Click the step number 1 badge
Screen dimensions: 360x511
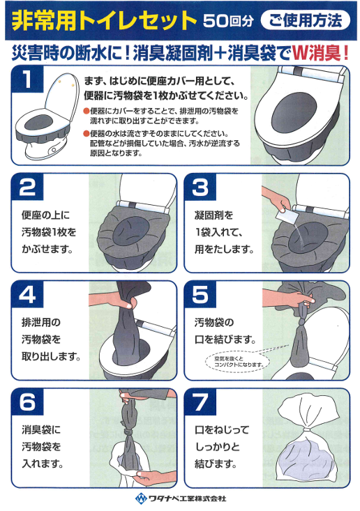27,79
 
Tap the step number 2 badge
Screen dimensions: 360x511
27,187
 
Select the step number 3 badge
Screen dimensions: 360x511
200,187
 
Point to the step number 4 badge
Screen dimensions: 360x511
27,294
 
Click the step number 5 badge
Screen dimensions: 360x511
200,294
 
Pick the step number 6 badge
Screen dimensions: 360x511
27,402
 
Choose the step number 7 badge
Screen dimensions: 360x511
200,402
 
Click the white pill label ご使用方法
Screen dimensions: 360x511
305,20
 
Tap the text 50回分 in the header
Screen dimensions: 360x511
228,21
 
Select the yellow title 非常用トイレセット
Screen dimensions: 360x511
104,21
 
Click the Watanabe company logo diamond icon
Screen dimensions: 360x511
141,498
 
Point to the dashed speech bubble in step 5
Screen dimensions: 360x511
238,362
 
